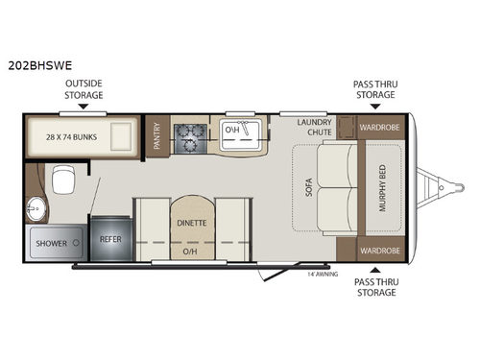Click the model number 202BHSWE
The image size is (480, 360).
(x=40, y=65)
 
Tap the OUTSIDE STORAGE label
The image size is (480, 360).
(x=84, y=89)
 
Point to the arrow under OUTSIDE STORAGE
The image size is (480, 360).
(x=84, y=107)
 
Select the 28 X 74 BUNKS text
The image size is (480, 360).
(x=71, y=137)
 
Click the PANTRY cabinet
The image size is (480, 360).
(x=157, y=136)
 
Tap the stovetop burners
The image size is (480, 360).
(x=190, y=138)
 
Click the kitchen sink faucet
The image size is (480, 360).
(x=244, y=128)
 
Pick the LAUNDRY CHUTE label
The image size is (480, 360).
(x=314, y=127)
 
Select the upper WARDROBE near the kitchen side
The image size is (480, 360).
(x=379, y=128)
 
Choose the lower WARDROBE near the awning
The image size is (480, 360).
(x=380, y=251)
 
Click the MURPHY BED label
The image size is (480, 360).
(x=382, y=188)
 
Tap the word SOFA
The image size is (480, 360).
(x=309, y=187)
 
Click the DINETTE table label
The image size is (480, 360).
(x=192, y=223)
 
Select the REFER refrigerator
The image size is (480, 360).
(x=110, y=239)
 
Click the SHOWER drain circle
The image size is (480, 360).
(x=76, y=243)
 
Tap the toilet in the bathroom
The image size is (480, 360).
(x=63, y=180)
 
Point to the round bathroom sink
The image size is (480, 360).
(x=36, y=208)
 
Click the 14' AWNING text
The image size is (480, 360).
(x=323, y=274)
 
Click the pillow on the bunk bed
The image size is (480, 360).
(x=121, y=136)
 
